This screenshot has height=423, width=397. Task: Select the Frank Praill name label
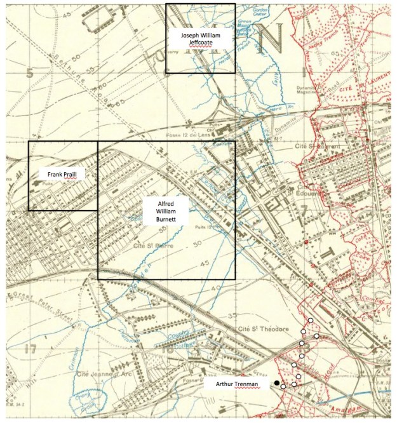pos(62,174)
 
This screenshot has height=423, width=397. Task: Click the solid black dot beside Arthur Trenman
pos(277,382)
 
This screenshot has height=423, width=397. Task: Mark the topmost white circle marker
pos(311,321)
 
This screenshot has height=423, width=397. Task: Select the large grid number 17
pos(29,349)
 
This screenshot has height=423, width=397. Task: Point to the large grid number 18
pos(168,349)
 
